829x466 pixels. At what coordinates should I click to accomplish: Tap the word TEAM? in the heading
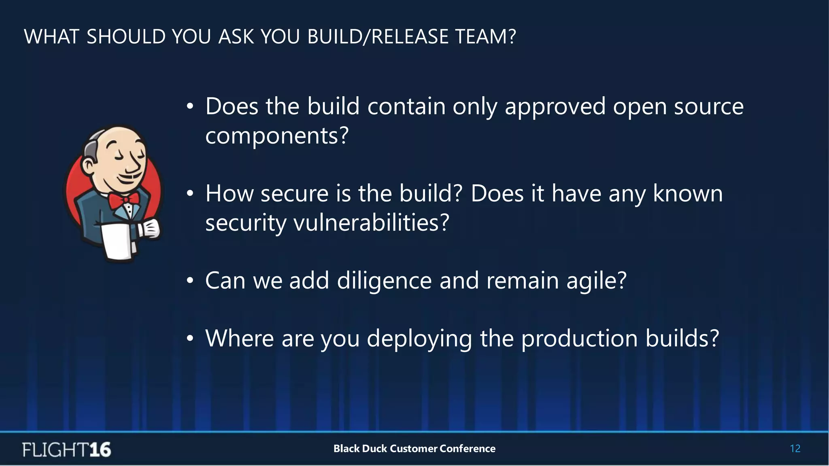(x=485, y=36)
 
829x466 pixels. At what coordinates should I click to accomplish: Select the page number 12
(x=795, y=449)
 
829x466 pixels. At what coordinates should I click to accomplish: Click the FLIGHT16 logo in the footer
(x=67, y=449)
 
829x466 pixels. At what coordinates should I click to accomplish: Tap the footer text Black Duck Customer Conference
(x=414, y=449)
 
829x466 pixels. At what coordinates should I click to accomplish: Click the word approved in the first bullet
(x=555, y=107)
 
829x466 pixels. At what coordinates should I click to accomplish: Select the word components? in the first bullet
(x=277, y=136)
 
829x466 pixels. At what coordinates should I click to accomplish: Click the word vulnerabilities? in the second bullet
(x=371, y=222)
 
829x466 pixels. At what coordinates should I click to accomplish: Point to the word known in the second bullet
(x=687, y=193)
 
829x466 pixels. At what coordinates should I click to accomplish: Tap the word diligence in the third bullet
(x=384, y=281)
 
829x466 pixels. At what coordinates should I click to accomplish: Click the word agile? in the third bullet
(x=596, y=281)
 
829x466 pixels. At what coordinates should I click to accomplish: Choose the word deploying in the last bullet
(x=419, y=339)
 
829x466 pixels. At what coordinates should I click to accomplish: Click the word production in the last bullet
(x=579, y=339)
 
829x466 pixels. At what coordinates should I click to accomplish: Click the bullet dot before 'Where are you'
(x=190, y=339)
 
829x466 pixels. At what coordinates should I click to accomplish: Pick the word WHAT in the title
(x=51, y=36)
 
